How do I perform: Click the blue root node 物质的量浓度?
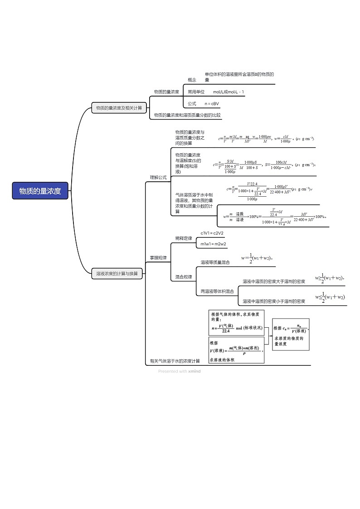(40, 191)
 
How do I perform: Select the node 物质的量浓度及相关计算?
(119, 108)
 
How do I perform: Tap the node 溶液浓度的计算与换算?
(117, 274)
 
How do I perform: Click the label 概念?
(192, 80)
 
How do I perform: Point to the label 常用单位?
(196, 92)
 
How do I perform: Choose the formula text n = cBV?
(212, 104)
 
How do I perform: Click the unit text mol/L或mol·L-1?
(229, 92)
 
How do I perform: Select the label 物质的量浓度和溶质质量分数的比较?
(187, 115)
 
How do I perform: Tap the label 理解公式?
(158, 177)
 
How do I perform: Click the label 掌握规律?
(158, 258)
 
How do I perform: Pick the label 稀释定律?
(184, 238)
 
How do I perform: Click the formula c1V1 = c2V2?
(212, 233)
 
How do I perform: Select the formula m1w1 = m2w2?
(214, 244)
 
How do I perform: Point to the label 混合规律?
(184, 276)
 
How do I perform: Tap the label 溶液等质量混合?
(215, 262)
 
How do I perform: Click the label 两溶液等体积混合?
(218, 291)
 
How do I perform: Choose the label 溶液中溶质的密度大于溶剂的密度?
(274, 281)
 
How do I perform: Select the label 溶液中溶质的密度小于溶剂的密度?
(274, 301)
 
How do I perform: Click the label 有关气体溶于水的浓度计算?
(175, 361)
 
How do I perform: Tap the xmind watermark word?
(195, 371)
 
